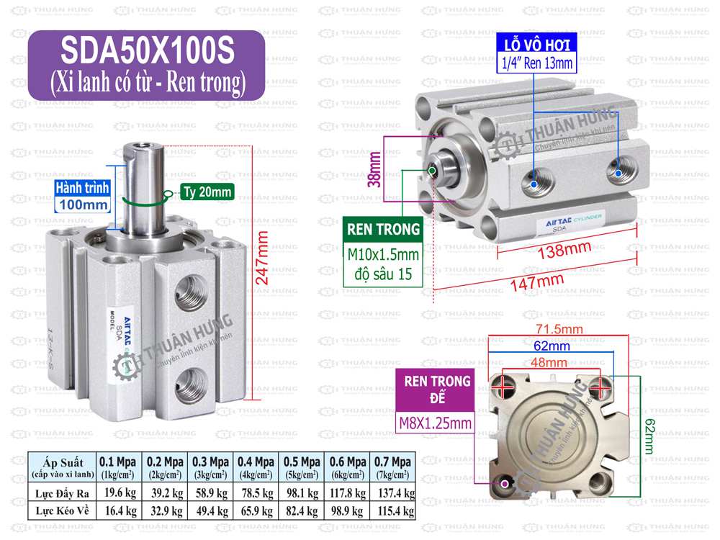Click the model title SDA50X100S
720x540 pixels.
coord(147,51)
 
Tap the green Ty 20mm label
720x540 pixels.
coord(207,192)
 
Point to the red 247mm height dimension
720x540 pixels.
coord(263,257)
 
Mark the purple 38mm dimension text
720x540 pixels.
coord(374,169)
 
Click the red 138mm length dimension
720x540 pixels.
coord(562,250)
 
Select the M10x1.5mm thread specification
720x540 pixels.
coord(383,255)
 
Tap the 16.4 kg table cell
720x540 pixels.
coord(118,510)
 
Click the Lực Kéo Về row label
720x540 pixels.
coord(62,510)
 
